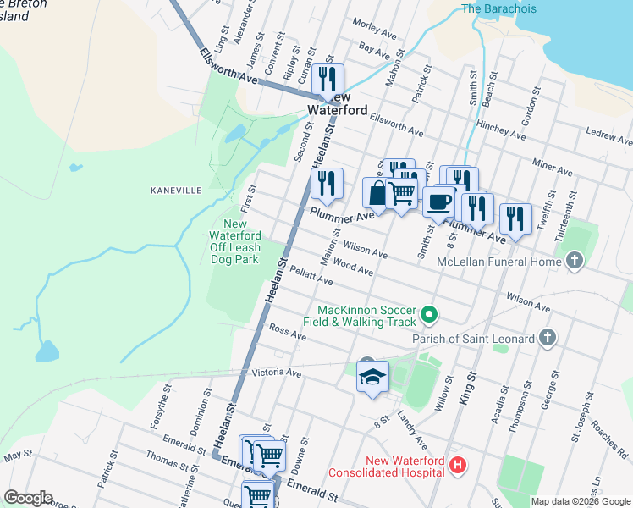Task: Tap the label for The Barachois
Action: (500, 9)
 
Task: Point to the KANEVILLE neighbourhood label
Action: (176, 190)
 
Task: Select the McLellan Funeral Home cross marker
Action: (575, 261)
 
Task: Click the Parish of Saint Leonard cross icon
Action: (548, 339)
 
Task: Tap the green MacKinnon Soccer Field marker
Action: (429, 315)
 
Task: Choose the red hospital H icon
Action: (458, 464)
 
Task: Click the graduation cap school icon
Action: (372, 377)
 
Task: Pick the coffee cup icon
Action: (438, 202)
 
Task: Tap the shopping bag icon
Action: (376, 193)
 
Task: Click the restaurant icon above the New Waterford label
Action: (328, 80)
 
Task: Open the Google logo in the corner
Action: (28, 498)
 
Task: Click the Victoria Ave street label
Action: (277, 373)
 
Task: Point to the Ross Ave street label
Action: (287, 331)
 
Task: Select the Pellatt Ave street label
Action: (311, 273)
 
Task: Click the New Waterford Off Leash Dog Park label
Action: (234, 242)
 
